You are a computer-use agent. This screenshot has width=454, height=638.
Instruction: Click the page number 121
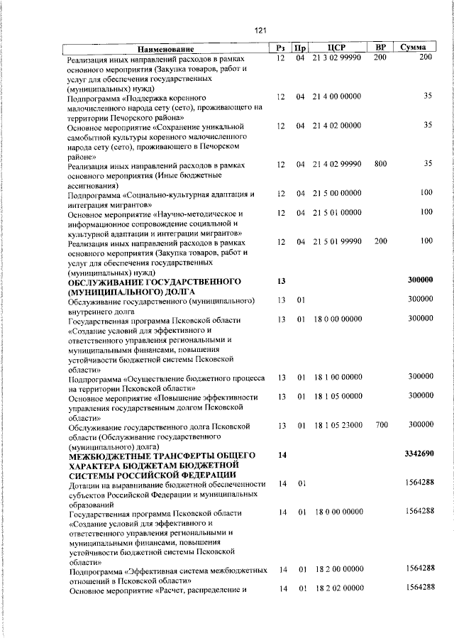pyautogui.click(x=260, y=30)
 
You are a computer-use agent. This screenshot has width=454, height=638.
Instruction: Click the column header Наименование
pyautogui.click(x=167, y=48)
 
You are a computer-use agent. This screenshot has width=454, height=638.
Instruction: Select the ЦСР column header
pyautogui.click(x=336, y=48)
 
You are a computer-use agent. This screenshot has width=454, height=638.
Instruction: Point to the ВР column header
pyautogui.click(x=380, y=48)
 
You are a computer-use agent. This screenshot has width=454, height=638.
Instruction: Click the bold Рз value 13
pyautogui.click(x=281, y=281)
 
